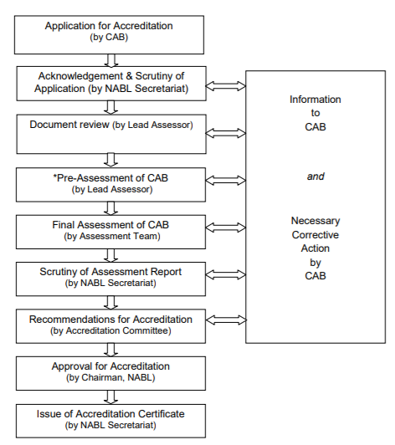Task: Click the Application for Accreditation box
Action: pos(109,33)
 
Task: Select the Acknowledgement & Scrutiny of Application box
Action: pos(109,82)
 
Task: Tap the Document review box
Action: pos(109,132)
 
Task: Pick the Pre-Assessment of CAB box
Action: pos(109,184)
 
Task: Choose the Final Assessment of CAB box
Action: pos(109,230)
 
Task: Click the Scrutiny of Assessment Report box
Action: pos(109,277)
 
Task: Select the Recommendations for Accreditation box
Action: pos(109,325)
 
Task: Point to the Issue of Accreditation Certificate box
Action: pos(109,419)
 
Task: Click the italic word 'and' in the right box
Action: pos(315,176)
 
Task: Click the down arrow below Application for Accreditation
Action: pos(110,59)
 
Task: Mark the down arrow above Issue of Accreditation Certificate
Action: pos(110,396)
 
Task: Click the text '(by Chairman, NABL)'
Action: pos(110,377)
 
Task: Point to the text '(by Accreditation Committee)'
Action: pos(110,330)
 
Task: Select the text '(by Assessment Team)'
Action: pos(110,237)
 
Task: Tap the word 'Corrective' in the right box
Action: pos(315,235)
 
